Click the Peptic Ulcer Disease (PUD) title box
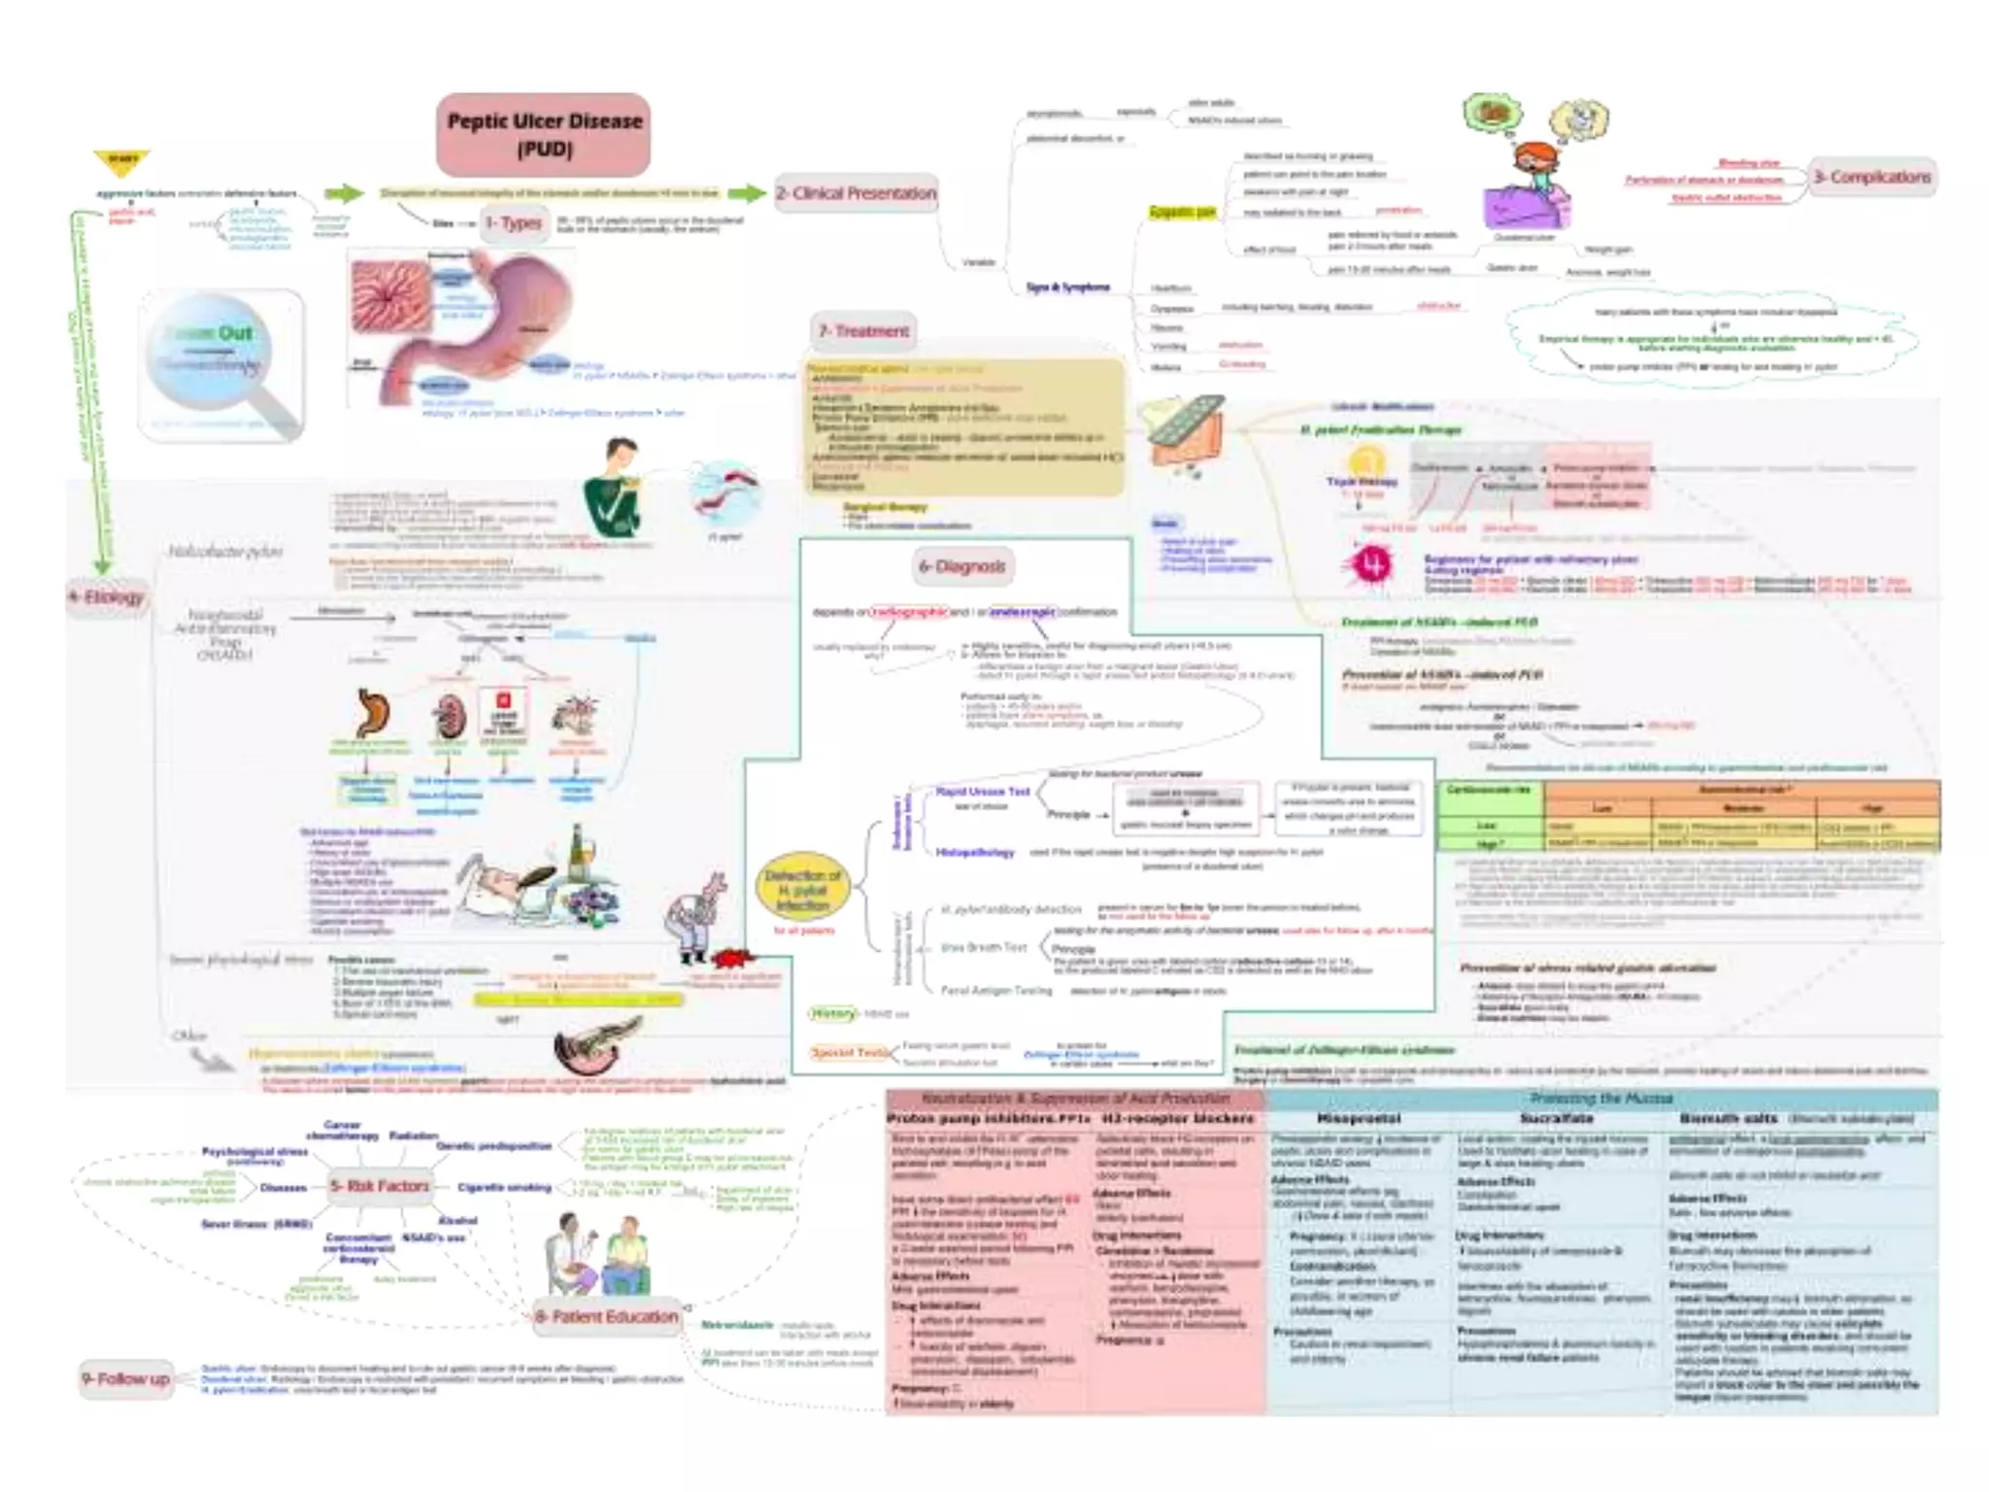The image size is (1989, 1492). (x=544, y=134)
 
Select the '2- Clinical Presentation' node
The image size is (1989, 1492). (x=856, y=193)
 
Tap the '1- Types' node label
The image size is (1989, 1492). (x=514, y=222)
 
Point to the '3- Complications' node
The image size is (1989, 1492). (x=1871, y=178)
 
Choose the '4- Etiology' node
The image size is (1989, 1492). (x=107, y=596)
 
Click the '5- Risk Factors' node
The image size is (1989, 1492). (x=379, y=1186)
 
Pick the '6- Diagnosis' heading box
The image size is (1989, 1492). (x=961, y=565)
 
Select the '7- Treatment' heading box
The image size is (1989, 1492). (x=863, y=331)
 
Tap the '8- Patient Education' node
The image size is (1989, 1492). (x=606, y=1317)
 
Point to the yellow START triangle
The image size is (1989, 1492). (x=122, y=162)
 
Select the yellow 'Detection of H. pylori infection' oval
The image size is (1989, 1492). (x=802, y=890)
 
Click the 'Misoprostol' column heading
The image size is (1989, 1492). (x=1358, y=1119)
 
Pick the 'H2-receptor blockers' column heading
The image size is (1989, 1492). (x=1178, y=1119)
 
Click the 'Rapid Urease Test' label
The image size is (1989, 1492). (x=983, y=792)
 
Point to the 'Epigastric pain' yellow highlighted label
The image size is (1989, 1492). (x=1182, y=212)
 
